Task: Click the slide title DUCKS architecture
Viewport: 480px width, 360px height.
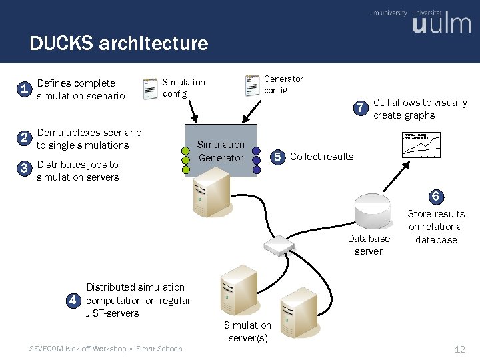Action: click(x=119, y=44)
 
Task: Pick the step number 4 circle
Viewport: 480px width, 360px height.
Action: click(x=75, y=300)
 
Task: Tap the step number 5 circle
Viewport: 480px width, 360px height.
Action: click(x=278, y=157)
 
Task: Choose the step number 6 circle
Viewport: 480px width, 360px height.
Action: click(x=435, y=197)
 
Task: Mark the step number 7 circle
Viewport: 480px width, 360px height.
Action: click(x=361, y=108)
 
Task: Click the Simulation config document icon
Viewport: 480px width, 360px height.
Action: click(x=152, y=88)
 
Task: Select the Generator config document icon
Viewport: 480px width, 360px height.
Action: click(x=253, y=85)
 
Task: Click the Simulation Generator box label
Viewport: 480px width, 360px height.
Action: click(x=221, y=151)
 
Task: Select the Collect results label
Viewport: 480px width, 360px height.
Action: click(x=322, y=157)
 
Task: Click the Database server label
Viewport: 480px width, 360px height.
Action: click(x=369, y=245)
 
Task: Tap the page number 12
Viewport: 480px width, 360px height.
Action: click(x=459, y=349)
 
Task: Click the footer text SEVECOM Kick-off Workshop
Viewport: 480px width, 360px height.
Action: click(x=78, y=349)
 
